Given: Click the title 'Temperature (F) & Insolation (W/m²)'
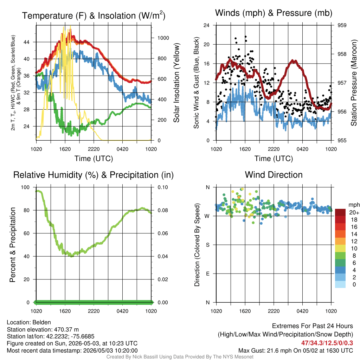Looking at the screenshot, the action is [94, 15].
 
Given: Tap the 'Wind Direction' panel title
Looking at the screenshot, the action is [274, 175].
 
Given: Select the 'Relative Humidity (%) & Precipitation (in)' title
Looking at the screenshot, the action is [94, 175].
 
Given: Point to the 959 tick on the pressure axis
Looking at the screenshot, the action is [342, 25].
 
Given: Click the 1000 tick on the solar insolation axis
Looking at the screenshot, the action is [163, 38].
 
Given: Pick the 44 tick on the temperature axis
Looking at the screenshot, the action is [26, 42].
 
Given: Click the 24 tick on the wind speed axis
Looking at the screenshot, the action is [206, 25].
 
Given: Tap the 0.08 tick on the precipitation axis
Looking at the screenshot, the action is [163, 210].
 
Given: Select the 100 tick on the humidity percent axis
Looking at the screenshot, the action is [25, 187].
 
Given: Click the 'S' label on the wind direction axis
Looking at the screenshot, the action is [207, 245].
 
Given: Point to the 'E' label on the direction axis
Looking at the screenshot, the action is [207, 274].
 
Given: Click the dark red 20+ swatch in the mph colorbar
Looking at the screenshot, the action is [340, 212].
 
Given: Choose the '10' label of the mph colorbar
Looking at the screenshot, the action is [354, 249].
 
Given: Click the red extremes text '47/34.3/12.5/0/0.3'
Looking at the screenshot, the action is [327, 343].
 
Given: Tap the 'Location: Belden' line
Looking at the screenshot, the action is [29, 322].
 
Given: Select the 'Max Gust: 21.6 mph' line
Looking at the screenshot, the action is [295, 351].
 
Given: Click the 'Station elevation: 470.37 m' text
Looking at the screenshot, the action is [43, 329].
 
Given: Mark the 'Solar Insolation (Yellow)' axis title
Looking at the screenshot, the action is [176, 83].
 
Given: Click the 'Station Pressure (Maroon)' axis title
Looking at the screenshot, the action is [354, 83].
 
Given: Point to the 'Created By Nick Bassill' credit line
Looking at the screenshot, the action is [180, 357].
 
